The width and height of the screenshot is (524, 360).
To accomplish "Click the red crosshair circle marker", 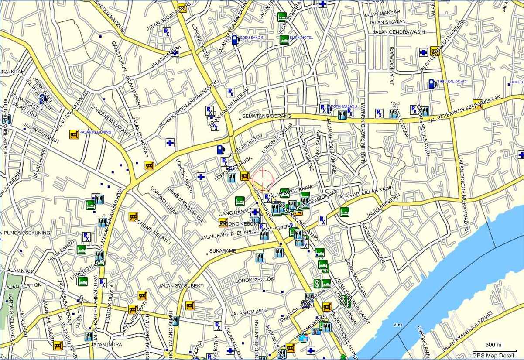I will pyautogui.click(x=263, y=179).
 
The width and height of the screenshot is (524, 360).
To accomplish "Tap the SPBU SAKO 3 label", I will pyautogui.click(x=252, y=38).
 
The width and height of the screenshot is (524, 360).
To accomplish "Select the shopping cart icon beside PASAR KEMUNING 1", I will pyautogui.click(x=74, y=134).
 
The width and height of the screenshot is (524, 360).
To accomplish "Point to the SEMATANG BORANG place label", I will pyautogui.click(x=267, y=117).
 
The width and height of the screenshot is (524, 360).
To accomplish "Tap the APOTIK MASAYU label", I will pyautogui.click(x=342, y=106).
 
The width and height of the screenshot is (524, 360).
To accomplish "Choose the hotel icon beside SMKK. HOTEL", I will pyautogui.click(x=284, y=39).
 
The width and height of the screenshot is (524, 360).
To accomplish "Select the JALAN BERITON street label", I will pyautogui.click(x=23, y=286).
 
